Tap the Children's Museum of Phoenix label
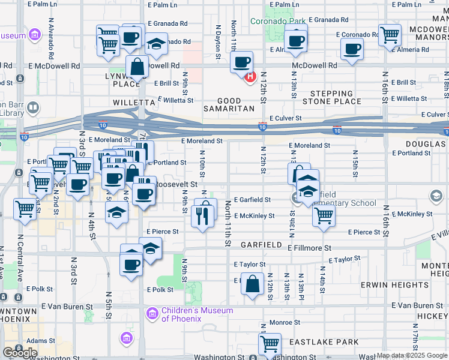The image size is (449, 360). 197,314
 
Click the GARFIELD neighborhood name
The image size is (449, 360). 261,245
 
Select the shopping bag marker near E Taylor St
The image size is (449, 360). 253,284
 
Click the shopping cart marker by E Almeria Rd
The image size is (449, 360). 390,35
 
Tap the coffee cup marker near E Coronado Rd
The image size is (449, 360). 352,51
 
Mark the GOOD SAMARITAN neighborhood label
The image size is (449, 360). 238,106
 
